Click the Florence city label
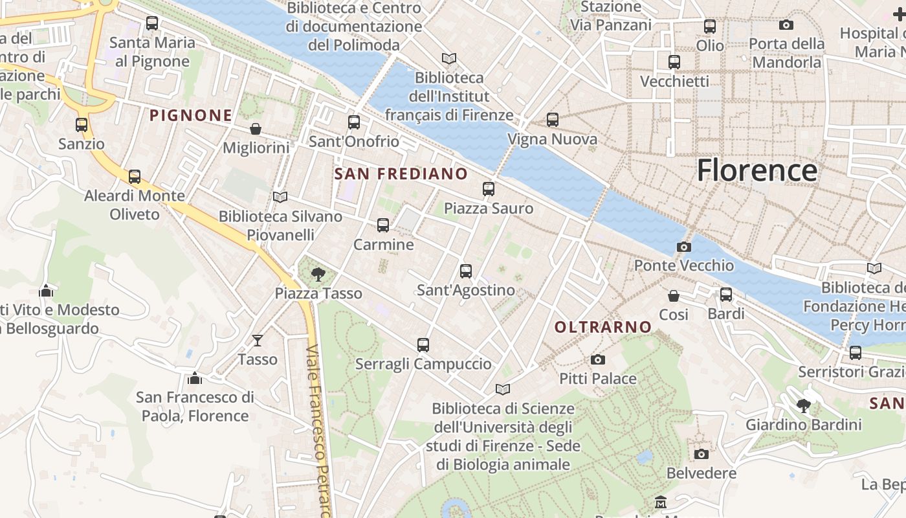(x=757, y=170)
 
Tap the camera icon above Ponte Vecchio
(x=683, y=247)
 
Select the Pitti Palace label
(x=597, y=378)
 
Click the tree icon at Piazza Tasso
(x=317, y=275)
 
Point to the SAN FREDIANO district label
(x=401, y=174)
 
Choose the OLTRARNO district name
(x=602, y=327)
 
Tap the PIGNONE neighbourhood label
(x=191, y=115)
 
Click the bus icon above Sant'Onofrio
(x=353, y=122)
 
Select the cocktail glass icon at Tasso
(x=258, y=340)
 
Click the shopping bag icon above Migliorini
(x=256, y=129)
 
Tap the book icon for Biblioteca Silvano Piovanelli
(x=280, y=197)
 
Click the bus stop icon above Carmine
(x=383, y=225)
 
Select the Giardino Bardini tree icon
(x=803, y=406)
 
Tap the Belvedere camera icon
(x=701, y=454)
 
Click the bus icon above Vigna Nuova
(x=552, y=120)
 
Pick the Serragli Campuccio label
(x=423, y=364)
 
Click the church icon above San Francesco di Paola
(x=194, y=378)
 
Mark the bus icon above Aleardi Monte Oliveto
(x=134, y=176)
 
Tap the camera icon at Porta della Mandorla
(x=786, y=25)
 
